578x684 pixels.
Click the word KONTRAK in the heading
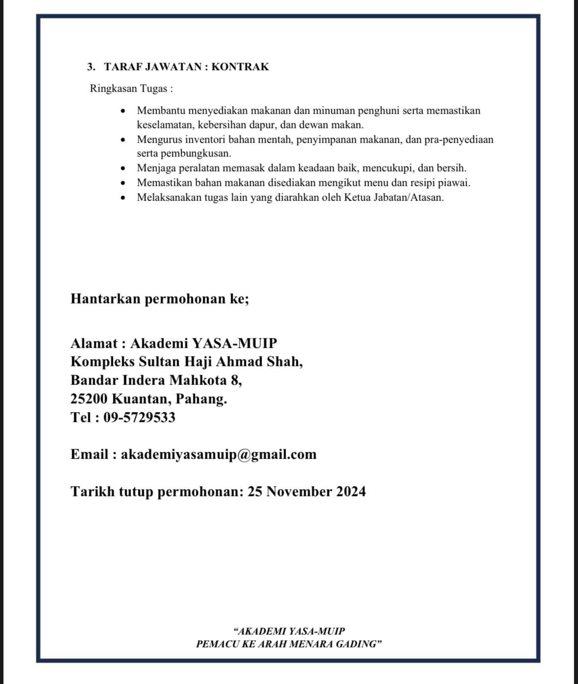coord(240,67)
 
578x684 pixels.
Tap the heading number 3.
coord(90,67)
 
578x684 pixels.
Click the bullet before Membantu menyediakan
coord(124,111)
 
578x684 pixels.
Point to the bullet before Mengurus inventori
coord(124,140)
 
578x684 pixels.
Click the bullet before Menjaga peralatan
coord(124,169)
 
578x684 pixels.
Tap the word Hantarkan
coord(105,299)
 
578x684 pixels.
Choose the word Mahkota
coord(198,380)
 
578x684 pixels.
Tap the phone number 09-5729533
coord(139,417)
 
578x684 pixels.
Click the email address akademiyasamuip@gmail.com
coord(218,454)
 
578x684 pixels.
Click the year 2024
coord(351,492)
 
